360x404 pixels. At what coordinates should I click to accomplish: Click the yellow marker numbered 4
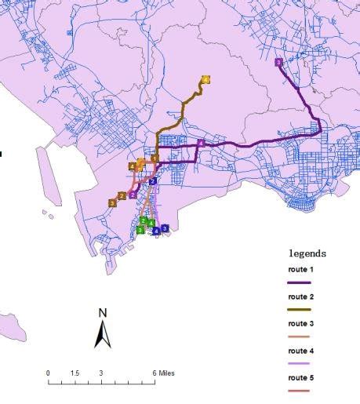pyautogui.click(x=205, y=79)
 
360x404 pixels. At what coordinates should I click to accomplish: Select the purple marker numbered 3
pyautogui.click(x=278, y=63)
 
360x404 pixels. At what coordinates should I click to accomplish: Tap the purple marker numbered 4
pyautogui.click(x=202, y=144)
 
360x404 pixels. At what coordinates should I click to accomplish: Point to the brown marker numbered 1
pyautogui.click(x=155, y=159)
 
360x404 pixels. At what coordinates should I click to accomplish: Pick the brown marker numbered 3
pyautogui.click(x=112, y=202)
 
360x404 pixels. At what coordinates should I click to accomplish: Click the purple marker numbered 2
pyautogui.click(x=133, y=195)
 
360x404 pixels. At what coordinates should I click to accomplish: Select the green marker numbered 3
pyautogui.click(x=140, y=230)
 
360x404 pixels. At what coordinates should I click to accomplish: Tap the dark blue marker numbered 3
pyautogui.click(x=165, y=228)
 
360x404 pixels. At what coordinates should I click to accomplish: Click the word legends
pyautogui.click(x=307, y=253)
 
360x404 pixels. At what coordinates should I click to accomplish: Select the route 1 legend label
pyautogui.click(x=300, y=269)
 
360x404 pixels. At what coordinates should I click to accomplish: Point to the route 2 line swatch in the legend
pyautogui.click(x=300, y=310)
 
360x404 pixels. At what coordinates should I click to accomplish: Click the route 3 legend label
pyautogui.click(x=300, y=323)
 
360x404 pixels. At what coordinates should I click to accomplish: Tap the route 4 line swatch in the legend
pyautogui.click(x=300, y=364)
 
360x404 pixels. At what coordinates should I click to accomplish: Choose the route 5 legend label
pyautogui.click(x=300, y=377)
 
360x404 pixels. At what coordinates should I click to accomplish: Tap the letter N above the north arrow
pyautogui.click(x=102, y=312)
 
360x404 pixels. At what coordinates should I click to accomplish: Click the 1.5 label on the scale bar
pyautogui.click(x=75, y=373)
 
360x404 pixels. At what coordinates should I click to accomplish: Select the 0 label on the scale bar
pyautogui.click(x=48, y=373)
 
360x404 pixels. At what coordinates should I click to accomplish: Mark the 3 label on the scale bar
pyautogui.click(x=101, y=373)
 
